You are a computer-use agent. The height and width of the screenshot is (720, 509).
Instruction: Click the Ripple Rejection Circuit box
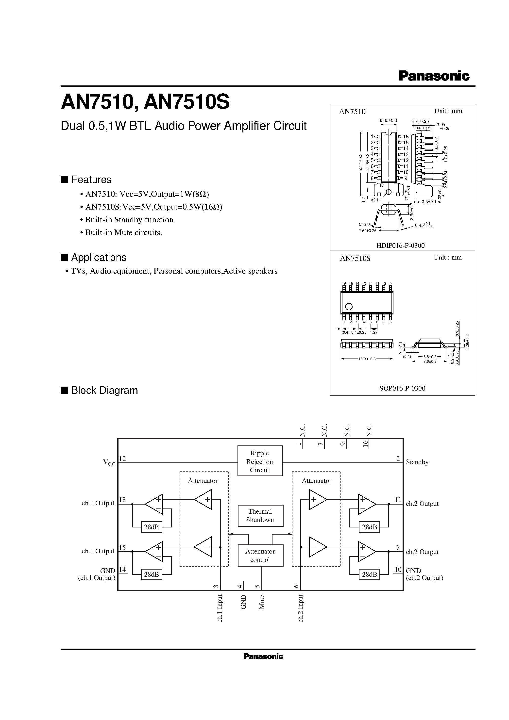pos(260,461)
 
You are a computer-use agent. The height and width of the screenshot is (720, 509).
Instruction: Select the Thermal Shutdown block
pos(260,516)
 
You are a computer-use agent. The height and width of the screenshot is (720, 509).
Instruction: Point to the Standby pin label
pos(417,462)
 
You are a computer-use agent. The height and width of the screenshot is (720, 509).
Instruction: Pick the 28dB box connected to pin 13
pos(151,527)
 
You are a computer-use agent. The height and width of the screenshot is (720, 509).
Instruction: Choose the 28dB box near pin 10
pos(369,574)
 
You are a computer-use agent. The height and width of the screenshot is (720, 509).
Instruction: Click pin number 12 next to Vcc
pos(122,459)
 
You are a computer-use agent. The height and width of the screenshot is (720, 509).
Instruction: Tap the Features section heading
pos(91,180)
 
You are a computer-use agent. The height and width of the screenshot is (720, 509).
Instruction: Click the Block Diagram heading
pos(104,391)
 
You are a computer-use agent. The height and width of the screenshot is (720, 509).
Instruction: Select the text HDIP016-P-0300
pos(402,245)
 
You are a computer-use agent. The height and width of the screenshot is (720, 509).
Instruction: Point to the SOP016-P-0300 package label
pos(402,388)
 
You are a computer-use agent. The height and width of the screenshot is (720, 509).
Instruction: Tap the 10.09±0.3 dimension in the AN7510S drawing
pos(367,359)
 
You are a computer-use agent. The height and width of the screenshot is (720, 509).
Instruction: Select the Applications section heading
pos(99,258)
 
